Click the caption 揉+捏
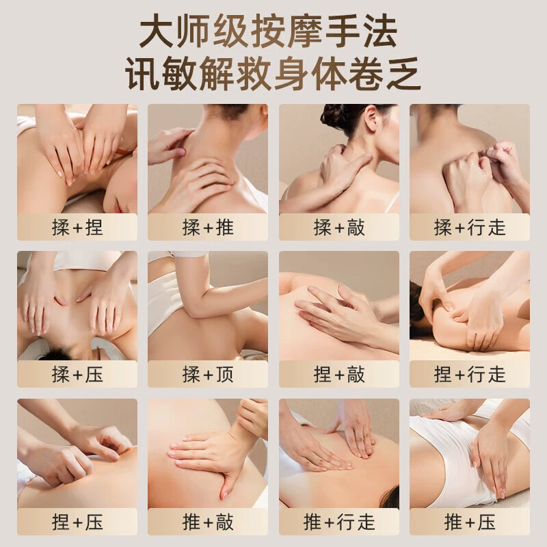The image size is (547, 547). (77, 228)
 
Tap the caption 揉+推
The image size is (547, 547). (208, 228)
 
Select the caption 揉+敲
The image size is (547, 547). (339, 228)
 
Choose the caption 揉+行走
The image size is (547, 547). (470, 228)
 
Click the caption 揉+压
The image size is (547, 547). (77, 375)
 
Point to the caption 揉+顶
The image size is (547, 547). (208, 375)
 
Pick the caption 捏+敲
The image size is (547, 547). (339, 375)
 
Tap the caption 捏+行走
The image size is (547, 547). (470, 375)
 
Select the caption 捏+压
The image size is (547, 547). (77, 522)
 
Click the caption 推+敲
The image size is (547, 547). (208, 522)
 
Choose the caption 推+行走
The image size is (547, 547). (339, 522)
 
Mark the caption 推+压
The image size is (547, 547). (470, 522)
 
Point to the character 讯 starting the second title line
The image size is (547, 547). (142, 73)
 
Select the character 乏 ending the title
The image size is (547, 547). (403, 73)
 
